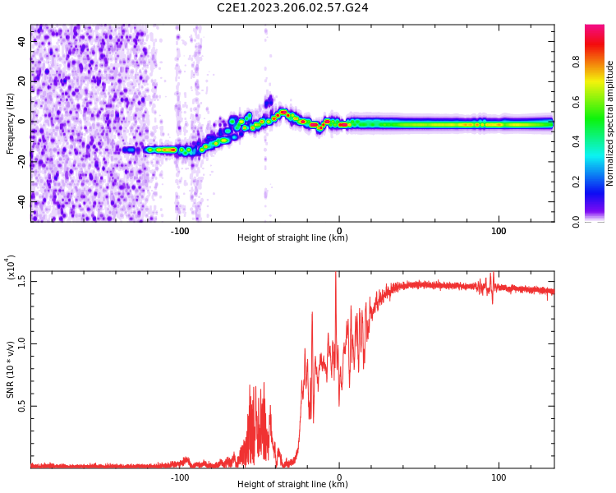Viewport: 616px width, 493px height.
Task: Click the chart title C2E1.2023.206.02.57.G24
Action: click(292, 7)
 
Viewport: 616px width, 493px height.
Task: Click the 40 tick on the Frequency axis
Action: click(22, 40)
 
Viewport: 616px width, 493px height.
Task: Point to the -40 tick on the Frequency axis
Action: click(22, 201)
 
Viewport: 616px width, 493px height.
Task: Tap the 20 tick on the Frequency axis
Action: click(22, 81)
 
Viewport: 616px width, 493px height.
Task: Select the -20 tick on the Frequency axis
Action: click(22, 161)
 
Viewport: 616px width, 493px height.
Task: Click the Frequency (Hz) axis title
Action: click(11, 123)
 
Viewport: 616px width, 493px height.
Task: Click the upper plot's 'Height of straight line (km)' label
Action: click(292, 238)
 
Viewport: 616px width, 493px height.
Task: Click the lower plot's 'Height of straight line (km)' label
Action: click(292, 484)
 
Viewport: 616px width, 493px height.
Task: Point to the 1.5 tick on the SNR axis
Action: click(22, 281)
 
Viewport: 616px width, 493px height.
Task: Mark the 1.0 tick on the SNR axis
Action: click(22, 343)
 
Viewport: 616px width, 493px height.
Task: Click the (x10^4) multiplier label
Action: click(11, 268)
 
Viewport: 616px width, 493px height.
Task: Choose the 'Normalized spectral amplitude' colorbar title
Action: click(610, 123)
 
